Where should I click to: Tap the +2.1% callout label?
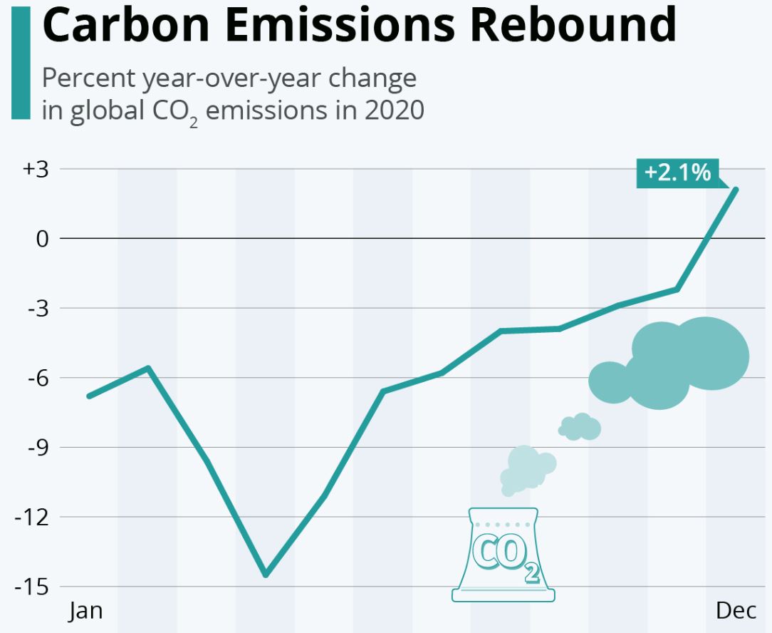(677, 173)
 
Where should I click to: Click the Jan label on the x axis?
(85, 612)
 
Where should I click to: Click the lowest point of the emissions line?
(266, 575)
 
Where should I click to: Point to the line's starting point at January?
(88, 396)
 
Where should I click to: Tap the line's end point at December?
(736, 190)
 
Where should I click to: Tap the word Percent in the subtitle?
(85, 78)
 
